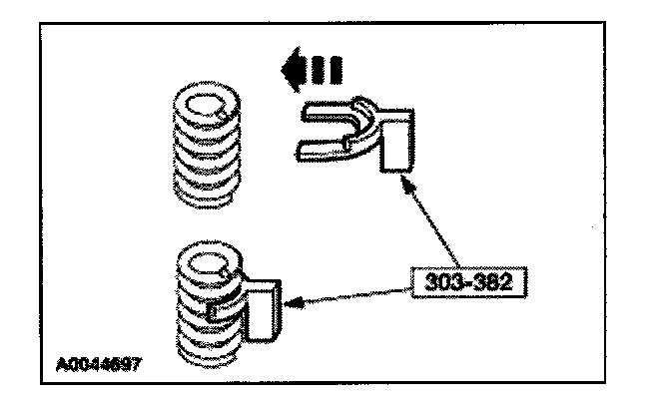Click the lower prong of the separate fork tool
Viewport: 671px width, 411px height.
[321, 151]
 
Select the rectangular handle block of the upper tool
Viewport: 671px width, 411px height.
[400, 139]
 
